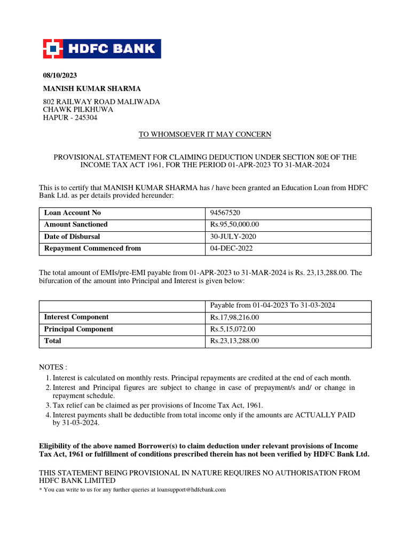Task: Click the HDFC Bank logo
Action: click(x=102, y=49)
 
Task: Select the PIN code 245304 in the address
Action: click(x=85, y=118)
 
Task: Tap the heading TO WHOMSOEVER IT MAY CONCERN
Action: click(x=205, y=135)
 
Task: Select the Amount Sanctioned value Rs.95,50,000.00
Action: click(x=235, y=225)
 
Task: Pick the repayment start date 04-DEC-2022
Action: click(x=231, y=248)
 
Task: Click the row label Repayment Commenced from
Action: click(x=92, y=248)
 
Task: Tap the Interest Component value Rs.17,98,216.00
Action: click(x=235, y=318)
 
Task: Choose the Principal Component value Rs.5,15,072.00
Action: click(x=233, y=330)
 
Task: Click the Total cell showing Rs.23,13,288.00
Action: click(x=235, y=341)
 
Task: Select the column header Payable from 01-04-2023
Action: click(x=273, y=306)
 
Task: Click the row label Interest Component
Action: click(x=76, y=317)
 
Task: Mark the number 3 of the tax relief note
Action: click(x=48, y=405)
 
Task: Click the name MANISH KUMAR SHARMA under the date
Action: click(x=92, y=89)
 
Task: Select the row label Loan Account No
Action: click(x=72, y=213)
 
